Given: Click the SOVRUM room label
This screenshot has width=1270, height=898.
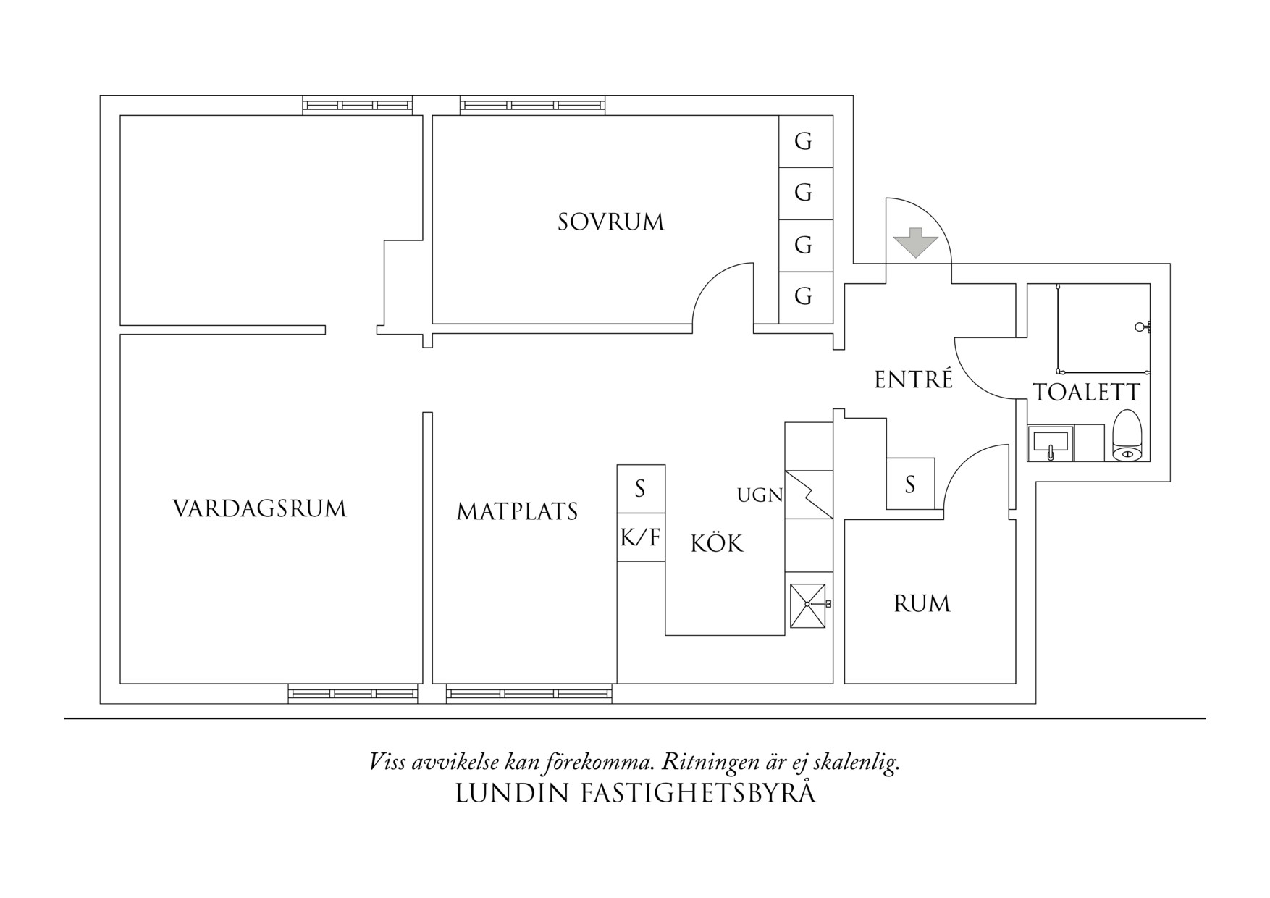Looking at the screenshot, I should tap(610, 222).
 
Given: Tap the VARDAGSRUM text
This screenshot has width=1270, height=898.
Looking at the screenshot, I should tap(259, 508).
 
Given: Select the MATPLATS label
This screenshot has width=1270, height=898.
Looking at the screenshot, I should tap(517, 512).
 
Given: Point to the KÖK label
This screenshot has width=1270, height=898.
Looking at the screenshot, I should tap(716, 544).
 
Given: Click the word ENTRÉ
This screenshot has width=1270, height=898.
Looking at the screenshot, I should tap(913, 379).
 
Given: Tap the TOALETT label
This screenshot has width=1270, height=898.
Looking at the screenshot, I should tap(1086, 393).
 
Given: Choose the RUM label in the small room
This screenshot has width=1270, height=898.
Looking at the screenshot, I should tap(921, 603).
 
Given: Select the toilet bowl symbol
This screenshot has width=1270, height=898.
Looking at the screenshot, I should tap(1127, 436).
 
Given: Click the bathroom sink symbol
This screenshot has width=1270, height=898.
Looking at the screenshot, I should tap(1049, 442).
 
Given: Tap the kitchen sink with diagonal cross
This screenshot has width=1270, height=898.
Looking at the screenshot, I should tap(807, 605).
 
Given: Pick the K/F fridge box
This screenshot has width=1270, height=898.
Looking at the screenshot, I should tap(641, 537).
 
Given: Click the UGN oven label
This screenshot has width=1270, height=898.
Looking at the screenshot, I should tap(760, 495).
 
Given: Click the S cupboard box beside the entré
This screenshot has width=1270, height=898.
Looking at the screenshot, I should tap(910, 483).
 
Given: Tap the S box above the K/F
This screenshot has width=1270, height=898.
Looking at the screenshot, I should tap(641, 489).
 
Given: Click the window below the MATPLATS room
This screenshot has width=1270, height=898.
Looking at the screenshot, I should tap(529, 694).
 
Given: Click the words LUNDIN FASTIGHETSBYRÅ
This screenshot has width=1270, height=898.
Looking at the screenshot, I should tap(635, 794).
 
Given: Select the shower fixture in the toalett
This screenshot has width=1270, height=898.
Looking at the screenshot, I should tap(1143, 327).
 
